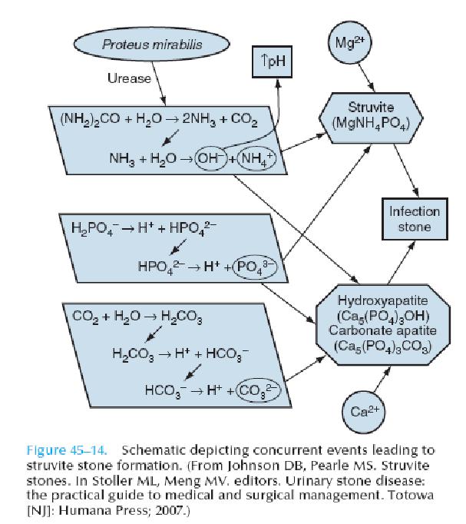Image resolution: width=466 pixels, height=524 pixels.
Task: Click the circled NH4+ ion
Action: pos(257,158)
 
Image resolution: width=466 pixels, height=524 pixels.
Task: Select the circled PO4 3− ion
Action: pos(255,267)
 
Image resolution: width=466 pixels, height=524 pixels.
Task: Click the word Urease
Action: pos(129,78)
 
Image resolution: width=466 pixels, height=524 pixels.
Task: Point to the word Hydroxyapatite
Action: pos(382,300)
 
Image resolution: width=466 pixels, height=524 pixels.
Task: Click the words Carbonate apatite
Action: pos(382,330)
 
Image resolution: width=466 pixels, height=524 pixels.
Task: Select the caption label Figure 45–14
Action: pos(67,450)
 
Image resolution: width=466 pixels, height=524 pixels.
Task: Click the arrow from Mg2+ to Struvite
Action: pos(366,78)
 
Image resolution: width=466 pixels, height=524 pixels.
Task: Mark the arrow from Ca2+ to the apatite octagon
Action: pos(382,379)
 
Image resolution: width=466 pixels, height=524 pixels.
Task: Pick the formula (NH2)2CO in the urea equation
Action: pos(90,118)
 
